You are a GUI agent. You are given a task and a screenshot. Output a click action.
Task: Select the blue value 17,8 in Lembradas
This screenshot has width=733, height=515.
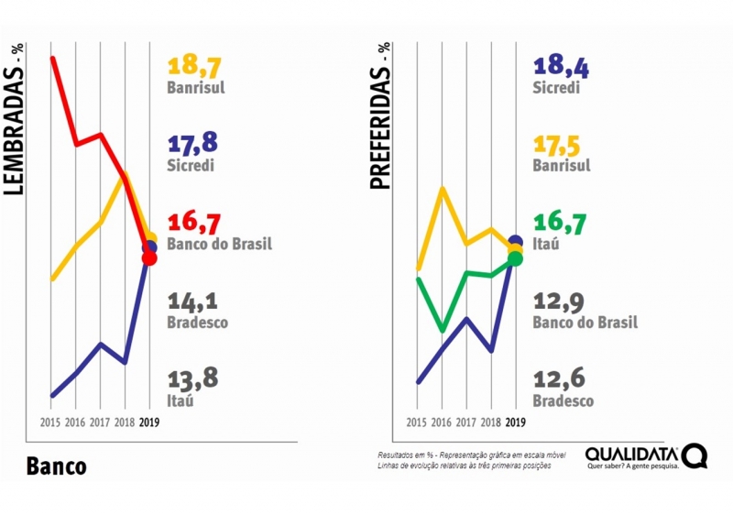[x=192, y=145]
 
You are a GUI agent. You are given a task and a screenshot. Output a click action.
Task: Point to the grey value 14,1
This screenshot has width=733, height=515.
[x=192, y=301]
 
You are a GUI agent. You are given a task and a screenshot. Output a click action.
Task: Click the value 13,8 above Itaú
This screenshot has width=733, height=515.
[x=192, y=379]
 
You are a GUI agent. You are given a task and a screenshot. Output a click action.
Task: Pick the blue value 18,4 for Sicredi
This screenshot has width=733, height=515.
[x=558, y=66]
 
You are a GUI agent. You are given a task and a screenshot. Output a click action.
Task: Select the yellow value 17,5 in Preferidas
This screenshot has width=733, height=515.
[x=558, y=145]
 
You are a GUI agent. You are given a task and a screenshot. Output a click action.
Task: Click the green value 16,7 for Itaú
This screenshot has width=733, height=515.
[x=558, y=224]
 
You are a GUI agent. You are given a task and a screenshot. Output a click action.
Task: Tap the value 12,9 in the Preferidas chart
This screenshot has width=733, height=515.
[x=558, y=301]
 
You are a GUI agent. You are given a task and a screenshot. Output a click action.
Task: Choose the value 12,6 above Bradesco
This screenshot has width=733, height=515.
[x=558, y=379]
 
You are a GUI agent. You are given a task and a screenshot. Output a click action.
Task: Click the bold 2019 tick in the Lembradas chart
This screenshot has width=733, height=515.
[x=149, y=422]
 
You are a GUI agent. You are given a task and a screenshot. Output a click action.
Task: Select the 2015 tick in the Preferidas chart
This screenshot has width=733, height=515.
[x=417, y=422]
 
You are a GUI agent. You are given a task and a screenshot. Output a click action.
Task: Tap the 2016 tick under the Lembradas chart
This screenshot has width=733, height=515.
[x=75, y=422]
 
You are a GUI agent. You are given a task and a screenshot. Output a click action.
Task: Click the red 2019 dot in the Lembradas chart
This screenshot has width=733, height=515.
[x=149, y=258]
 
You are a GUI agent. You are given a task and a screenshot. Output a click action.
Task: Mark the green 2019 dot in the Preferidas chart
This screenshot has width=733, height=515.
[x=515, y=258]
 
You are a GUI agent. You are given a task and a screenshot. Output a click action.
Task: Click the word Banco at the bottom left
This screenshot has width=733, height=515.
[x=56, y=466]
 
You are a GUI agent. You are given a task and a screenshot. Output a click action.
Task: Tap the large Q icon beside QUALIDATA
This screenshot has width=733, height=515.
[x=694, y=455]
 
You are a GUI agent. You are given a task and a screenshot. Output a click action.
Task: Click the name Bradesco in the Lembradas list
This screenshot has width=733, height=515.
[x=198, y=323]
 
